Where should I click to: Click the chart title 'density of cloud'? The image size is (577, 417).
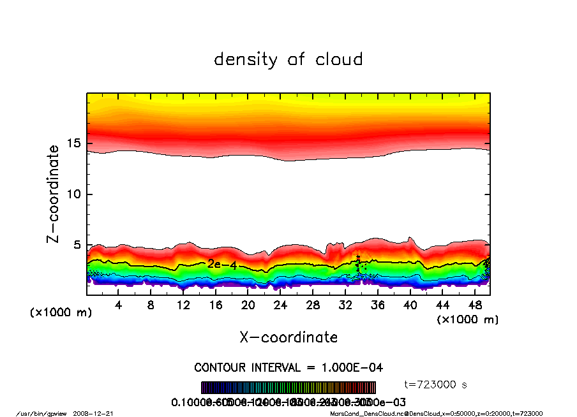tap(288, 60)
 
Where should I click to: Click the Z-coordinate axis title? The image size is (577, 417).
tap(53, 194)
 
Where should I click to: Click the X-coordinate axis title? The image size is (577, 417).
tap(288, 337)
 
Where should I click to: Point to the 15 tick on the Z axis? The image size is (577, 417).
tap(75, 143)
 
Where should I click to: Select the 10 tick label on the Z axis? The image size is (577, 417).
tap(75, 194)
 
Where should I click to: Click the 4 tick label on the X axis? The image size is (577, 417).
tap(119, 305)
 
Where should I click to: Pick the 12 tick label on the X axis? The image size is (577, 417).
tap(183, 305)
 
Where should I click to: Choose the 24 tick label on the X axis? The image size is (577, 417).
tap(280, 305)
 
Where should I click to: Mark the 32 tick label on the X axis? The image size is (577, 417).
tap(345, 305)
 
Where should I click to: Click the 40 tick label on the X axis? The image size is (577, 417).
tap(410, 305)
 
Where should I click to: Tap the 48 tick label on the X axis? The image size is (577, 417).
tap(475, 305)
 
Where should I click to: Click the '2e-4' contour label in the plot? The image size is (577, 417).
tap(222, 265)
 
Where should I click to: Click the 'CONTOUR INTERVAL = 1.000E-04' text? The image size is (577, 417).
tap(288, 367)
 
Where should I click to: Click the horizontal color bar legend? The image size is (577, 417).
tap(288, 388)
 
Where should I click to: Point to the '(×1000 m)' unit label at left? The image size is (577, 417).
tap(58, 313)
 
